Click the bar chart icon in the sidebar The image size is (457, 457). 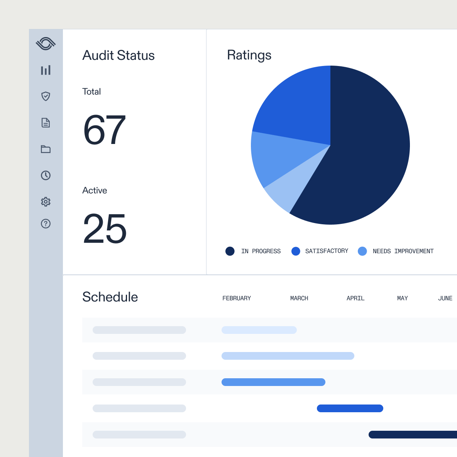click(x=46, y=70)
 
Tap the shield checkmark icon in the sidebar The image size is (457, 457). click(x=46, y=96)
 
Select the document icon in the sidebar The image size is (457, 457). click(x=46, y=123)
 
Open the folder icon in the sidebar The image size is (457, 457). click(x=46, y=149)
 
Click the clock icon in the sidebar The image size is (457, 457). click(x=46, y=175)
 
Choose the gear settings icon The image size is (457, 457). click(x=46, y=201)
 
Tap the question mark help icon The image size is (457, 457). click(x=46, y=223)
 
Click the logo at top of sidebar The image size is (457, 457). click(x=46, y=44)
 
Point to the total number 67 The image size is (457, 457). click(x=104, y=130)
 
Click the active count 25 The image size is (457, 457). click(x=105, y=229)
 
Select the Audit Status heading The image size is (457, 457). click(x=118, y=56)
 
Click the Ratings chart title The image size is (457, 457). click(x=249, y=55)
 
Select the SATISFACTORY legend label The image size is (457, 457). click(x=327, y=251)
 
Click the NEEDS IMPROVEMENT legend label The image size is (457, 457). click(x=403, y=251)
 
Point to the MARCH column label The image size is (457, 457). click(x=299, y=298)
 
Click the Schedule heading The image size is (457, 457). click(x=110, y=297)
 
